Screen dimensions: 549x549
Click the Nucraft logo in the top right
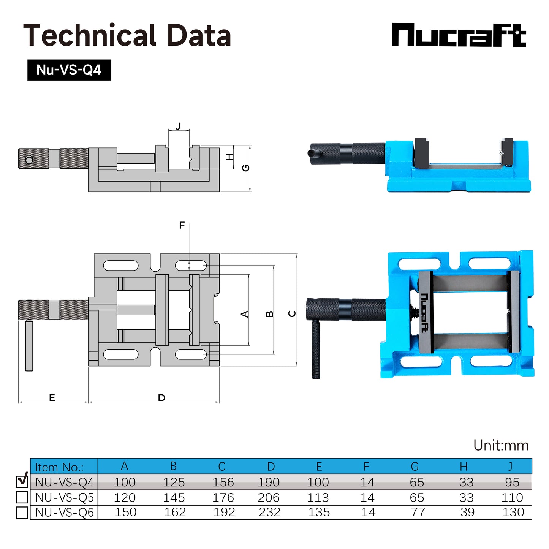pyautogui.click(x=459, y=35)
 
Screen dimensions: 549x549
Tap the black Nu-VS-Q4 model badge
pyautogui.click(x=69, y=70)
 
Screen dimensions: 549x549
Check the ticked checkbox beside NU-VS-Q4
pyautogui.click(x=22, y=481)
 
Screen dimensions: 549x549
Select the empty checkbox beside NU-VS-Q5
pyautogui.click(x=22, y=497)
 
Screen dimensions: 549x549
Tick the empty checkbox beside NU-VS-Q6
pyautogui.click(x=22, y=512)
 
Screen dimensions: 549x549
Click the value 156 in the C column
pyautogui.click(x=223, y=482)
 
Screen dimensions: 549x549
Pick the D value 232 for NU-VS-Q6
pyautogui.click(x=269, y=512)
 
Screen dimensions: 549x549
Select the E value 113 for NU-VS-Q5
pyautogui.click(x=318, y=497)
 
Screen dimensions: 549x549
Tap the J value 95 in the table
pyautogui.click(x=512, y=482)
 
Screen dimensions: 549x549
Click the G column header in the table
pyautogui.click(x=415, y=466)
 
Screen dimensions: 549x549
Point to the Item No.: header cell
pyautogui.click(x=59, y=467)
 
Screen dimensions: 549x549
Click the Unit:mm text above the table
pyautogui.click(x=501, y=445)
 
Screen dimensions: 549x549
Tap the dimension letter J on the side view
pyautogui.click(x=178, y=126)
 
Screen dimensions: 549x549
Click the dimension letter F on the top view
pyautogui.click(x=182, y=225)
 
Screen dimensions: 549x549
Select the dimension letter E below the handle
pyautogui.click(x=52, y=397)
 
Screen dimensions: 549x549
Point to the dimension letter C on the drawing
pyautogui.click(x=292, y=313)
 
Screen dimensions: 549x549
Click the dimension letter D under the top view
pyautogui.click(x=161, y=397)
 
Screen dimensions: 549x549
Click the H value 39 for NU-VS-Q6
pyautogui.click(x=467, y=512)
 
